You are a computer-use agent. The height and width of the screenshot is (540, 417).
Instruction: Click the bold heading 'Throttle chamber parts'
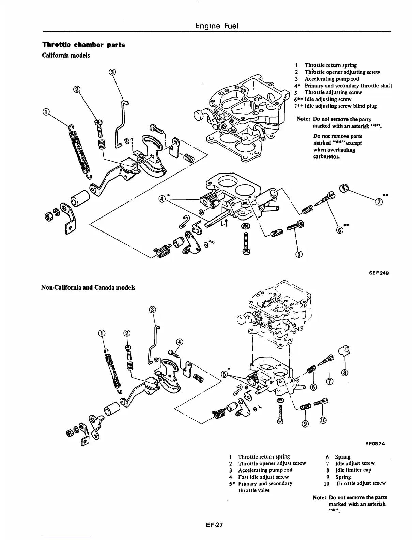83,45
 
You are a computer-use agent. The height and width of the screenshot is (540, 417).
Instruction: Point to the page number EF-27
214,525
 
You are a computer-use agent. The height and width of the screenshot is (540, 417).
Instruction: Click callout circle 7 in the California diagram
378,202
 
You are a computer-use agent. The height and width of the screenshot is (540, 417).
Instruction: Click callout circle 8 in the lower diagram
345,372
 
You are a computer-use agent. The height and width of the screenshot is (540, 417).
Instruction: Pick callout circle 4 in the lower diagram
180,342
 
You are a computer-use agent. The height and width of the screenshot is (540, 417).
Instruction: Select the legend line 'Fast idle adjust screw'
263,477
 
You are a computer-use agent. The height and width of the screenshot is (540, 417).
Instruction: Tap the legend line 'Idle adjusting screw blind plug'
340,106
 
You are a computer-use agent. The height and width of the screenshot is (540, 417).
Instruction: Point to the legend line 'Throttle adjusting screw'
333,92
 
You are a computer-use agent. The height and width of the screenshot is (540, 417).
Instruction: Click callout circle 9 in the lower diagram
305,424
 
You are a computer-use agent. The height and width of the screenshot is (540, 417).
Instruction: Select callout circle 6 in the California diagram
339,230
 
